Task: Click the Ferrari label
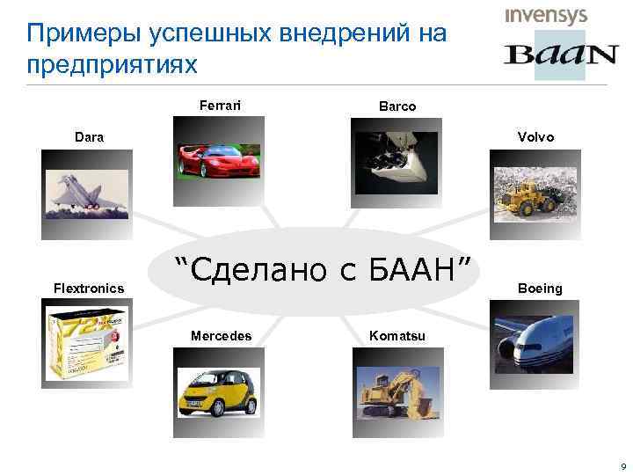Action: click(220, 106)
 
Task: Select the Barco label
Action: click(397, 106)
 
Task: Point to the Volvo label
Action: click(536, 136)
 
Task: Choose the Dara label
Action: click(88, 136)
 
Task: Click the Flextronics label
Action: click(89, 288)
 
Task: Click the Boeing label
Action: click(540, 288)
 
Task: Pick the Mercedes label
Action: click(222, 335)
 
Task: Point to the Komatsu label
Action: click(397, 335)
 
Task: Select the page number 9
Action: click(622, 465)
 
